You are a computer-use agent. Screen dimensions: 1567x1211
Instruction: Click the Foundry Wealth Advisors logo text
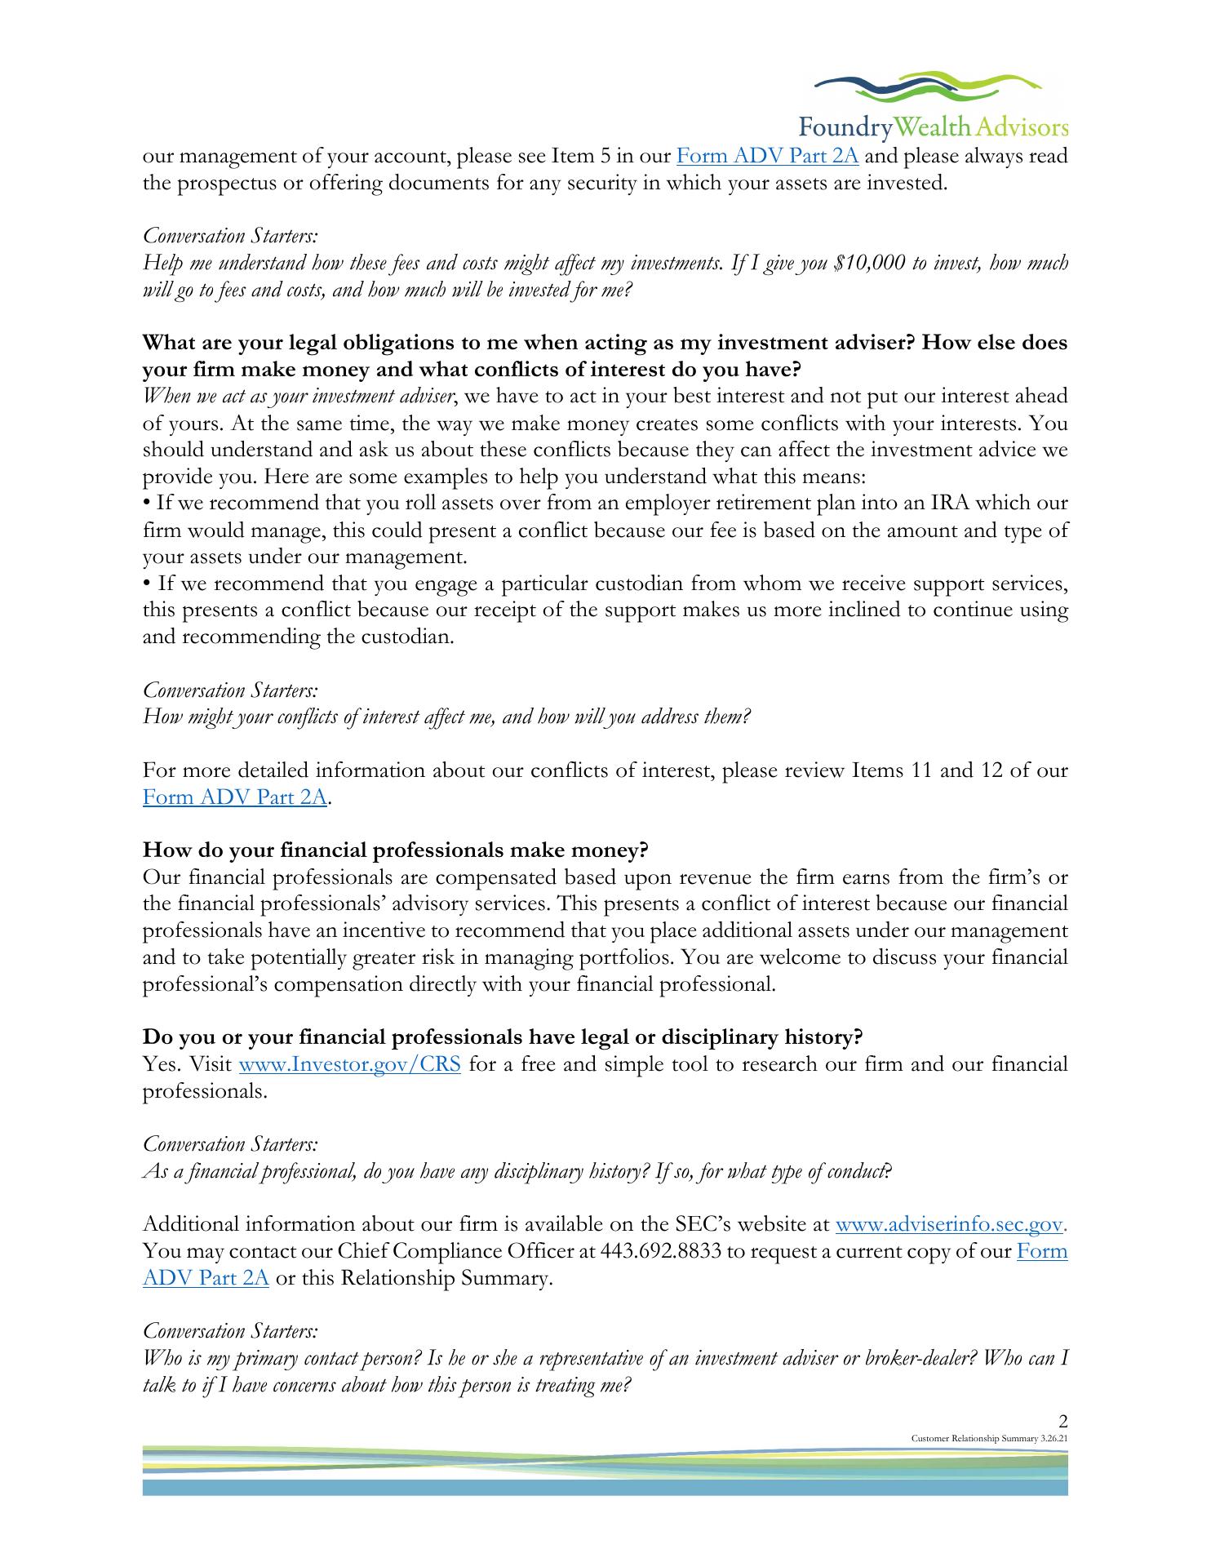(x=933, y=127)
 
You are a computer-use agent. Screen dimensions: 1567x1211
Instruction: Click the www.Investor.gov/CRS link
(x=349, y=1065)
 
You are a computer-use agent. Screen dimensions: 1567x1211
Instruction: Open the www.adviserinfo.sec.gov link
(x=951, y=1225)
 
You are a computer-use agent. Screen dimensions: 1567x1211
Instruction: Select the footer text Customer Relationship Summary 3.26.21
(x=989, y=1437)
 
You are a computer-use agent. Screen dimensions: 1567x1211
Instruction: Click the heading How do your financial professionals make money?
(x=395, y=850)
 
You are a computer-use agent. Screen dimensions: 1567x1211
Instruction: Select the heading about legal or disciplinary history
(x=503, y=1037)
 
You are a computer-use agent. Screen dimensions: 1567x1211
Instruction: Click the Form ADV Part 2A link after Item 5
(x=768, y=156)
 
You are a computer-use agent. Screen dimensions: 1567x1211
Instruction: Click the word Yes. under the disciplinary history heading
(x=161, y=1065)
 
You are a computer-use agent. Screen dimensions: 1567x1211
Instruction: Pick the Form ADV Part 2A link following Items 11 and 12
(x=235, y=797)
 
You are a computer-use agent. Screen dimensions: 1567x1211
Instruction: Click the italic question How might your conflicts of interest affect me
(x=446, y=717)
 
